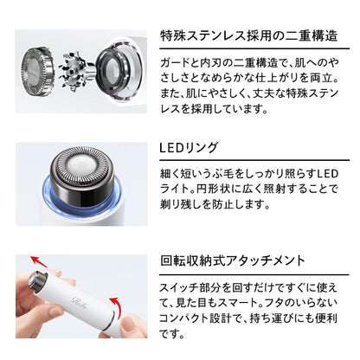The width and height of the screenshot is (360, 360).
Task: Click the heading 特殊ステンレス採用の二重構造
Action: pos(249,36)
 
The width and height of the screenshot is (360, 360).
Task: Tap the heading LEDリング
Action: pos(189,148)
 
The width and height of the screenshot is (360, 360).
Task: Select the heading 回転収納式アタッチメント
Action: pos(233,260)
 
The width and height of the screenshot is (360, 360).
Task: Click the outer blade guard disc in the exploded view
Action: pos(37,71)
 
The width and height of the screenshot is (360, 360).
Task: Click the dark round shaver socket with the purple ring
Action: pos(119,71)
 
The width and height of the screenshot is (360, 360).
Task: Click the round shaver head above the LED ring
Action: pos(81,175)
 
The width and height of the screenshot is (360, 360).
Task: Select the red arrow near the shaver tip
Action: pos(39,261)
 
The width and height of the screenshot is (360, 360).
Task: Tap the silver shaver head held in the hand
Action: pos(38,280)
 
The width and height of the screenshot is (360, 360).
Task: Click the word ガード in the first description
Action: pos(175,62)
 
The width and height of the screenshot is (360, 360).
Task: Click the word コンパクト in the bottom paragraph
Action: pos(184,318)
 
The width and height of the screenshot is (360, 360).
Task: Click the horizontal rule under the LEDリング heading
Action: pos(254,160)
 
